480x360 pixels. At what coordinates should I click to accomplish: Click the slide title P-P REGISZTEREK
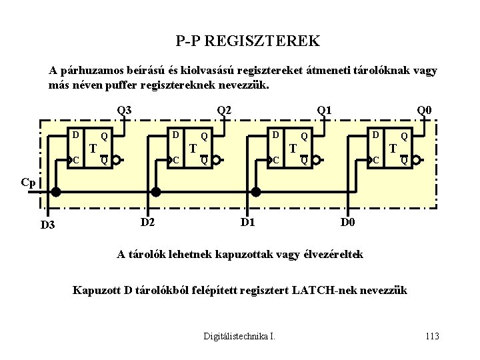(x=248, y=41)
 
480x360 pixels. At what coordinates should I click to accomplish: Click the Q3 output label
(x=124, y=110)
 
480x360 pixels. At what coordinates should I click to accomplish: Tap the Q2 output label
(x=224, y=110)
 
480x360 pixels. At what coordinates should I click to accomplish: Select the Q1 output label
(x=324, y=110)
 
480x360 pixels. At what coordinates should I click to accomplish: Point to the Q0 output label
(x=424, y=110)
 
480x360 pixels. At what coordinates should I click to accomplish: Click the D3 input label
(x=47, y=225)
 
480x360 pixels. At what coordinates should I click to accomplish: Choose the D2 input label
(x=147, y=221)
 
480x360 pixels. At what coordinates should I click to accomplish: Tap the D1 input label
(x=247, y=221)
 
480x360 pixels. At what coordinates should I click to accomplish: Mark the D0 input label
(x=347, y=221)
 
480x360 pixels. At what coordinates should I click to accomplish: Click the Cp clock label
(x=28, y=183)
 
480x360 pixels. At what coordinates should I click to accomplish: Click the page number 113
(x=432, y=336)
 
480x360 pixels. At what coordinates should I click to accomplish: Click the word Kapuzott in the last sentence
(x=94, y=290)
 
